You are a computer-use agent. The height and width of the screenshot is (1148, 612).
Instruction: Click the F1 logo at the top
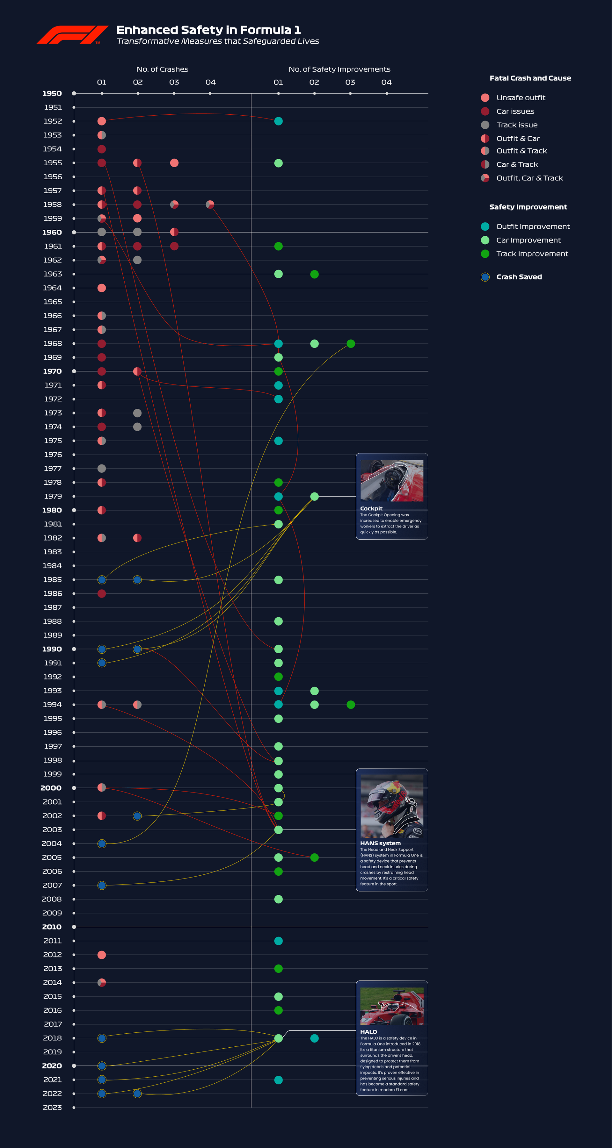click(x=72, y=35)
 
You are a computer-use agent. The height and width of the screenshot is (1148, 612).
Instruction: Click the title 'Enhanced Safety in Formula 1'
click(x=208, y=30)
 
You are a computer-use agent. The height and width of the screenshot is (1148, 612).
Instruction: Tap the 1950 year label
click(x=52, y=93)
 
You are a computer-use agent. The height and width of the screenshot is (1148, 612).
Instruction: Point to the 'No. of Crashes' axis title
click(x=162, y=69)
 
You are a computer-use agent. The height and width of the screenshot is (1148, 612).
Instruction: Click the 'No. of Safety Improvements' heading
click(x=339, y=69)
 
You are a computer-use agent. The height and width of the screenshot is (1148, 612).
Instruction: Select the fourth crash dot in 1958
click(x=210, y=204)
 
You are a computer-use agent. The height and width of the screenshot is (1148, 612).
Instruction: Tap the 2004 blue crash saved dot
click(x=102, y=843)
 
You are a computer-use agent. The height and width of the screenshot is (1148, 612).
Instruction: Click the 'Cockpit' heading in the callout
click(x=371, y=508)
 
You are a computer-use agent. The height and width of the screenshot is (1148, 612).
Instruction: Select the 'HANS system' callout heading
click(x=380, y=843)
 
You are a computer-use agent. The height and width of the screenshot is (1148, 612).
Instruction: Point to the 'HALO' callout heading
click(x=368, y=1032)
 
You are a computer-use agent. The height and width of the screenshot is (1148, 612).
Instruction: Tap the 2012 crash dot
click(x=102, y=955)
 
